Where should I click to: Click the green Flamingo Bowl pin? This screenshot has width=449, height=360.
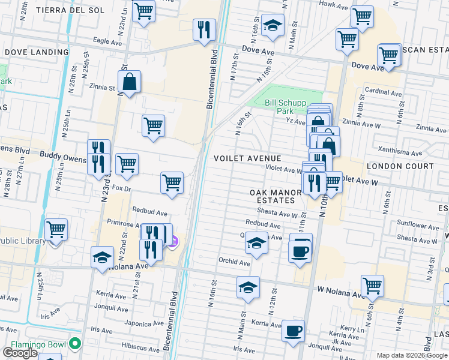(x=74, y=344)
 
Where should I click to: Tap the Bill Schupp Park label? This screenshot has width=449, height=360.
(x=279, y=107)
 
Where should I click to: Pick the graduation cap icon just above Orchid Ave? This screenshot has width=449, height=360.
(x=256, y=244)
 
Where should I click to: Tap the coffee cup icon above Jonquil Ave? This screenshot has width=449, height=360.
(x=293, y=331)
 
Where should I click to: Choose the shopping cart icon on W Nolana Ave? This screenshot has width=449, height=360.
(x=372, y=286)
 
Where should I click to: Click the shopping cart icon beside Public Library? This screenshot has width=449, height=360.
(x=56, y=229)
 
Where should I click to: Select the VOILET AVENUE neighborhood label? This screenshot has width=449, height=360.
(x=248, y=158)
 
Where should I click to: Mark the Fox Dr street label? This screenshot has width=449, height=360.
(x=121, y=188)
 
